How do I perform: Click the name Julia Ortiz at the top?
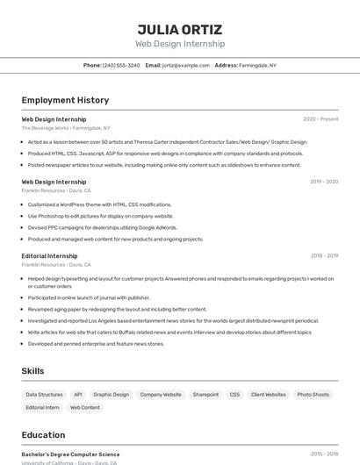point(179,29)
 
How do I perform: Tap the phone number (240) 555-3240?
point(121,65)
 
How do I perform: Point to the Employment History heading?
point(65,100)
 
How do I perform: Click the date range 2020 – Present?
point(320,119)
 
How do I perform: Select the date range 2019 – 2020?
point(324,182)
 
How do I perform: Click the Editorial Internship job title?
point(49,256)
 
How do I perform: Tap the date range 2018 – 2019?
point(324,256)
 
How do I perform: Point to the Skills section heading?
point(32,371)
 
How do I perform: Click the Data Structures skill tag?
point(44,395)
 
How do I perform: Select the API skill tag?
point(78,395)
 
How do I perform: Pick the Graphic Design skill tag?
point(112,395)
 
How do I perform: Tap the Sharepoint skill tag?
point(205,395)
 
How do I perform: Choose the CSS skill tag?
point(234,395)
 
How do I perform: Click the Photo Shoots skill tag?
point(313,395)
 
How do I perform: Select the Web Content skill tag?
point(85,408)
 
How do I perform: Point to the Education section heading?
point(43,435)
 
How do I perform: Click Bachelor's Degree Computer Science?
point(70,454)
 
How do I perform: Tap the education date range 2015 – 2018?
point(324,454)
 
